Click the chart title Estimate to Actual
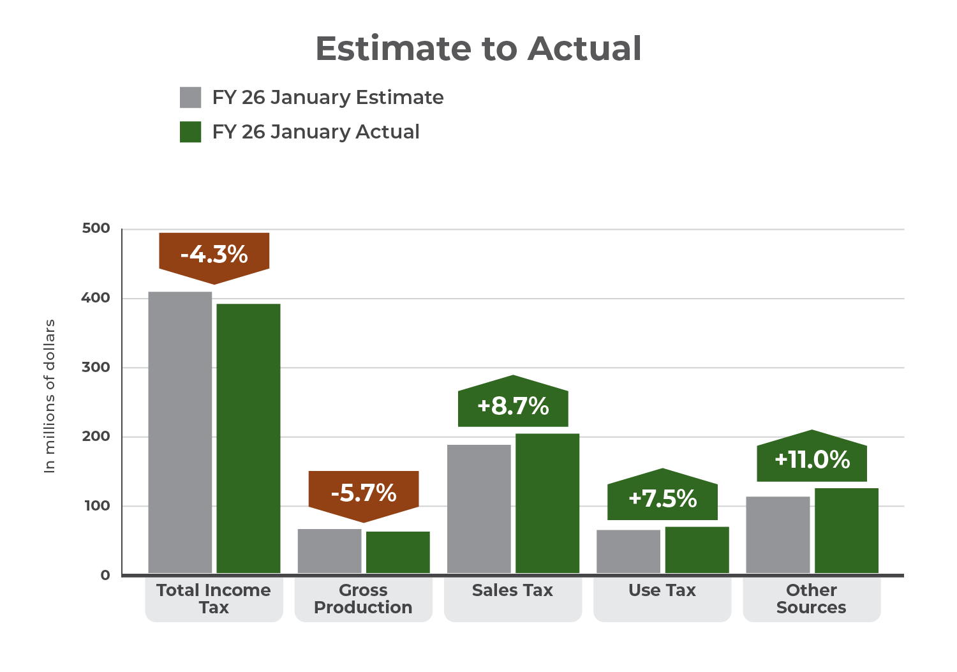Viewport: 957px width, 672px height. (x=478, y=49)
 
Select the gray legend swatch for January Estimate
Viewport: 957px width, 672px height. (x=191, y=98)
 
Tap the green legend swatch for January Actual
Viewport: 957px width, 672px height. (x=191, y=132)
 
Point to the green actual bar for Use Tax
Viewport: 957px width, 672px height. (x=697, y=549)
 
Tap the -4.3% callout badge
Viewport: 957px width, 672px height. (x=214, y=255)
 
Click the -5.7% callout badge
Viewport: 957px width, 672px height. (x=364, y=493)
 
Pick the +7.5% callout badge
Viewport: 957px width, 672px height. (x=662, y=498)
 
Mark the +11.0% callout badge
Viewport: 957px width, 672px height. (x=812, y=459)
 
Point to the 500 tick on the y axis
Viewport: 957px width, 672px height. (x=96, y=228)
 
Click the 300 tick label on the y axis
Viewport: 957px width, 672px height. (x=96, y=368)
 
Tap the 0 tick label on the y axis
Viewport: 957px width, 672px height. (x=105, y=575)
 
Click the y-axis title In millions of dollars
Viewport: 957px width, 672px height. (x=50, y=396)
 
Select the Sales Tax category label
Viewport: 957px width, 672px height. (x=512, y=590)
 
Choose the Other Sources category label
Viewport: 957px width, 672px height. (x=812, y=599)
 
